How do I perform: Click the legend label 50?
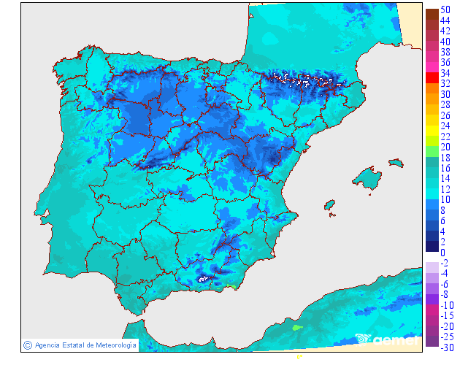445,10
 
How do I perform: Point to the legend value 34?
445,74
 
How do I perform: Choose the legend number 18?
445,158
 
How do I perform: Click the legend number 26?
445,115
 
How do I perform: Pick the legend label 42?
445,31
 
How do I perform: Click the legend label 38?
445,53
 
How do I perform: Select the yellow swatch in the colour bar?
432,130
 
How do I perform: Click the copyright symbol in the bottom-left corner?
27,345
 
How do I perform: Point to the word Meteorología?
112,345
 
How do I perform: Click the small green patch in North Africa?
296,328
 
